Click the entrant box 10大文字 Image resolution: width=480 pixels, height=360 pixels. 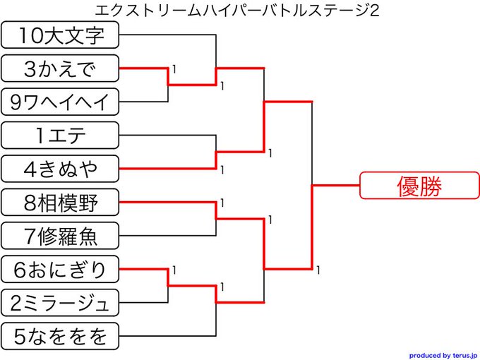[60, 35]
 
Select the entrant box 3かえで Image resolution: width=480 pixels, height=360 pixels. [60, 68]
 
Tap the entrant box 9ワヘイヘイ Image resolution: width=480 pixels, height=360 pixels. [60, 102]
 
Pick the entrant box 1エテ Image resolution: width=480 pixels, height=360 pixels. [60, 135]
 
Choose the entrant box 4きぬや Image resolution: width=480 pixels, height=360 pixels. [60, 169]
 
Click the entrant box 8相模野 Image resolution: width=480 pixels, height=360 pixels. [60, 203]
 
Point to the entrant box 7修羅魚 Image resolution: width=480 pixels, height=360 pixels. [60, 236]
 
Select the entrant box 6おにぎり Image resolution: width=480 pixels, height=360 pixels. [60, 269]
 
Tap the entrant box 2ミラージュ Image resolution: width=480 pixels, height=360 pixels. [60, 303]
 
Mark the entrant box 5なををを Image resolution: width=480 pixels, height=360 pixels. [60, 336]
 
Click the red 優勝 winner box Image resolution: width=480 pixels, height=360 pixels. [419, 186]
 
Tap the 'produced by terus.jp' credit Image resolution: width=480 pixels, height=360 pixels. [443, 355]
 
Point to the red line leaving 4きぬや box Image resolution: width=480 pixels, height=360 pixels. [167, 169]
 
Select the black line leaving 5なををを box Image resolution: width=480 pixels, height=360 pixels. [167, 336]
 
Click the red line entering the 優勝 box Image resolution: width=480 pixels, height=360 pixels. [336, 186]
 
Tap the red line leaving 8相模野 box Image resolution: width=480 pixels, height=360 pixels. [167, 203]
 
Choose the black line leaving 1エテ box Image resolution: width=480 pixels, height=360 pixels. [167, 135]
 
